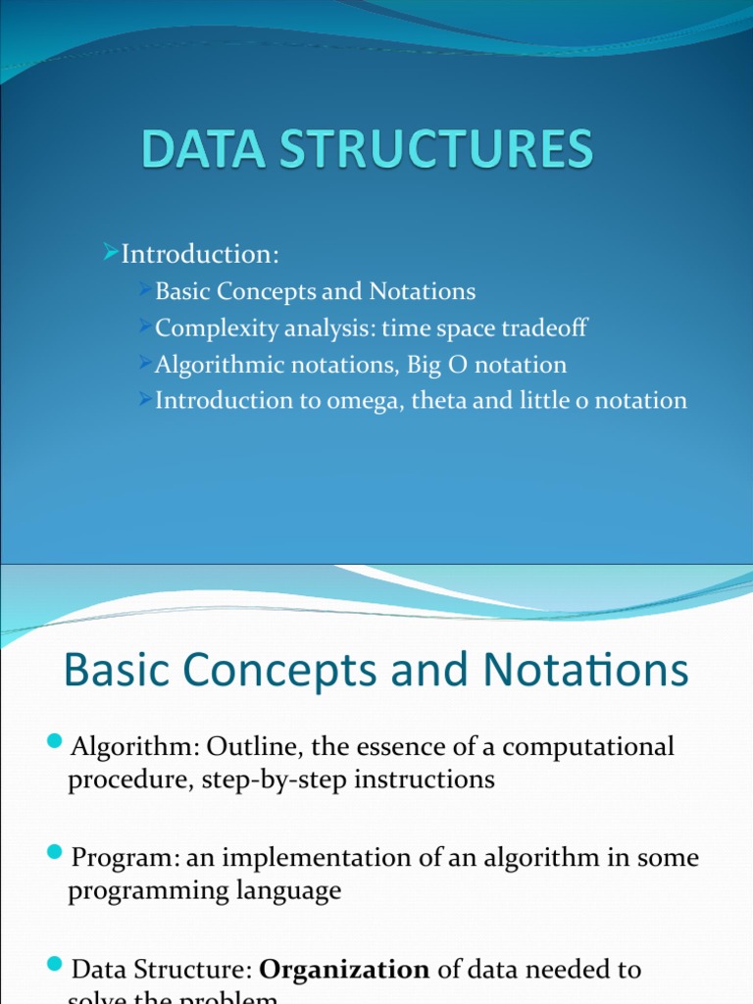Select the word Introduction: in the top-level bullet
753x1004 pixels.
[x=200, y=255]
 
